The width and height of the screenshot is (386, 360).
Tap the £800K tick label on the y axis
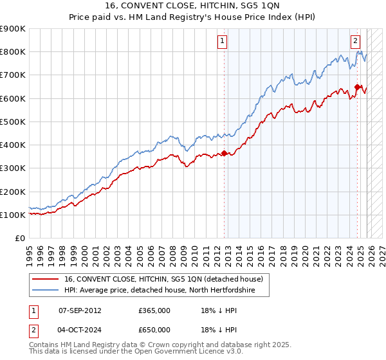pos(13,52)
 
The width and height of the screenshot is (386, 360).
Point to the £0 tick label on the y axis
pos(19,239)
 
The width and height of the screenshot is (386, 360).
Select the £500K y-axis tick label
pos(13,122)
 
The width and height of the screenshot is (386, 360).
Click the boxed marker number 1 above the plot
pos(223,42)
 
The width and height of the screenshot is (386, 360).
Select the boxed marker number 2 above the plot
pos(355,42)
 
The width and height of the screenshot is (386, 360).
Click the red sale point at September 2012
pos(225,153)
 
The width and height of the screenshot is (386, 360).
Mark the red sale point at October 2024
pos(358,87)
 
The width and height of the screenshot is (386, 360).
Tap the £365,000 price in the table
pos(154,310)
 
